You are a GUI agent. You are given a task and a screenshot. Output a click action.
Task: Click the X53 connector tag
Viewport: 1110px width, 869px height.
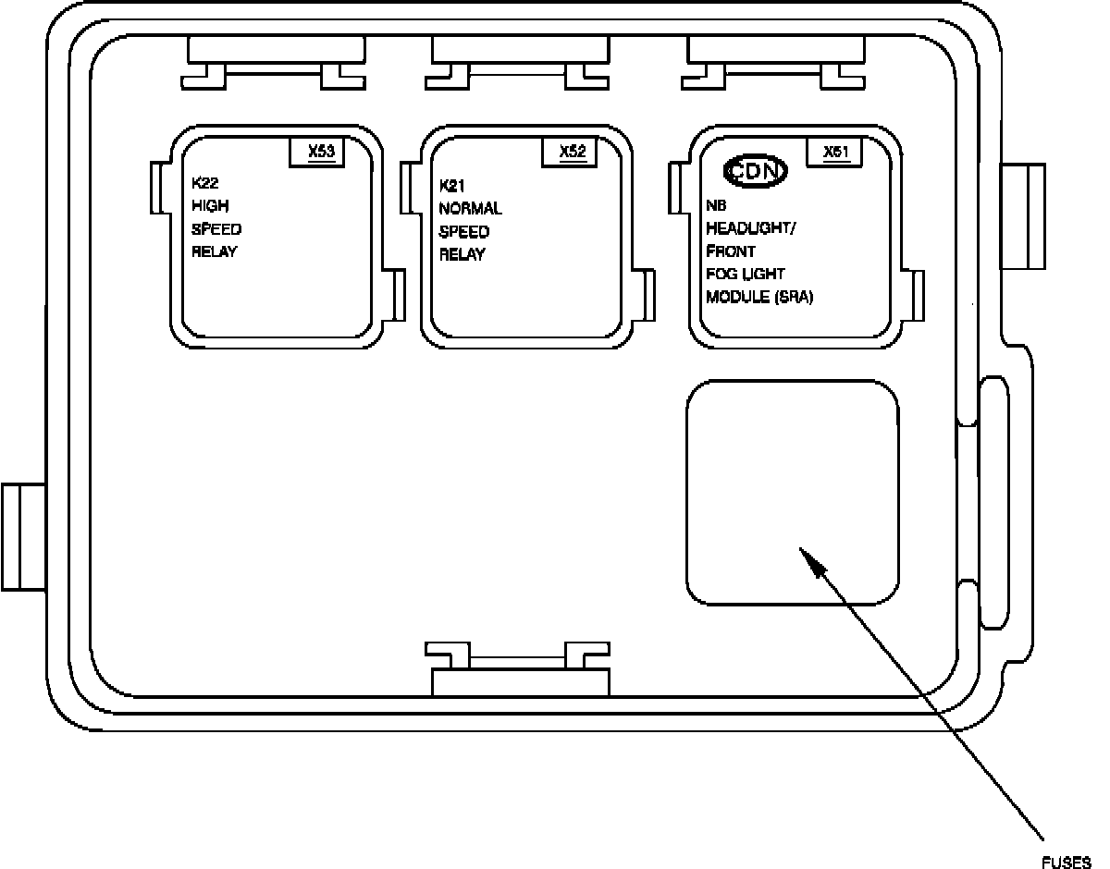(x=319, y=152)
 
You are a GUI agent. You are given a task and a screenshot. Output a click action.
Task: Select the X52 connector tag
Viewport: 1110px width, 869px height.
(x=573, y=152)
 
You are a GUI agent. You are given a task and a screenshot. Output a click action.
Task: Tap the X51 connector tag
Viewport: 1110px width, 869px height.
(x=835, y=152)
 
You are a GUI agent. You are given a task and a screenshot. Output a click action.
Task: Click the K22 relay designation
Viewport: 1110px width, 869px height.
(x=205, y=182)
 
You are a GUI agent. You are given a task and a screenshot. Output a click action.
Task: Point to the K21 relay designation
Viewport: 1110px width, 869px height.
(x=452, y=185)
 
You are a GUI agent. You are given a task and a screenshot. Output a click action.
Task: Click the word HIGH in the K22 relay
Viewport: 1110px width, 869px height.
(x=210, y=205)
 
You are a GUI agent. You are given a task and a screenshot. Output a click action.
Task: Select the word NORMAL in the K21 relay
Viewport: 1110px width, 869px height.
(x=470, y=209)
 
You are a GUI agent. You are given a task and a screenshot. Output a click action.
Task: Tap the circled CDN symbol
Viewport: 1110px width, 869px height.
(x=755, y=171)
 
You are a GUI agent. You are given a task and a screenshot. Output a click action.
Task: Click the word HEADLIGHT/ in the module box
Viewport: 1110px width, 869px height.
(x=749, y=228)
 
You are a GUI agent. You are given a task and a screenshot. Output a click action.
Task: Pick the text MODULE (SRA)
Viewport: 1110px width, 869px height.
(x=759, y=298)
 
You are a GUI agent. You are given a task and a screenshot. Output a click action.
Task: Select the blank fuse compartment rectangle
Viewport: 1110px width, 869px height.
(x=792, y=492)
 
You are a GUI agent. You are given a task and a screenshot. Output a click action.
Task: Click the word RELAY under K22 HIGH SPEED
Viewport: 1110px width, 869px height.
(x=214, y=252)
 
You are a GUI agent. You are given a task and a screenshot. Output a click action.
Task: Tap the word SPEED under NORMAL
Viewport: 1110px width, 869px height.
(x=464, y=232)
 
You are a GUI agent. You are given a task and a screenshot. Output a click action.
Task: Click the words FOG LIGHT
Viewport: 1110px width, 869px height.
(x=746, y=275)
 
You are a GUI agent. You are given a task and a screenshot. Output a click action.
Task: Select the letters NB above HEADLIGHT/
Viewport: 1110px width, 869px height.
(x=716, y=205)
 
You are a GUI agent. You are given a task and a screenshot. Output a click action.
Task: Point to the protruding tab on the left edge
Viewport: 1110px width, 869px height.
(x=24, y=536)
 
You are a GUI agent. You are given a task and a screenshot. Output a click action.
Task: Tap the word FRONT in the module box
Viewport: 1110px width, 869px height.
(x=731, y=251)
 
